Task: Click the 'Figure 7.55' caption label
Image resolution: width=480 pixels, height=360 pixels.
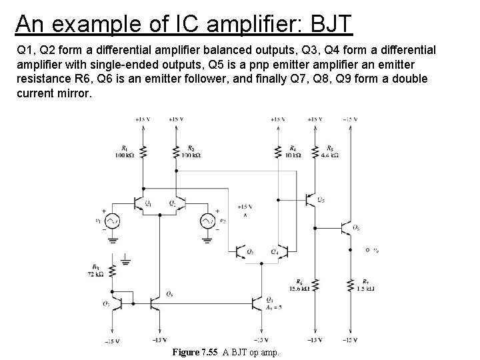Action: tap(195, 351)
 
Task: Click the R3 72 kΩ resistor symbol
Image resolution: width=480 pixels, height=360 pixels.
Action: tap(113, 271)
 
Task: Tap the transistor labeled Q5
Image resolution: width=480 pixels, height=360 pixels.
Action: tap(311, 199)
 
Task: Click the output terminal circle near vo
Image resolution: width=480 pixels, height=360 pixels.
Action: tap(367, 251)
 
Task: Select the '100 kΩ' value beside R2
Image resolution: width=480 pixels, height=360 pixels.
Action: tap(191, 155)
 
